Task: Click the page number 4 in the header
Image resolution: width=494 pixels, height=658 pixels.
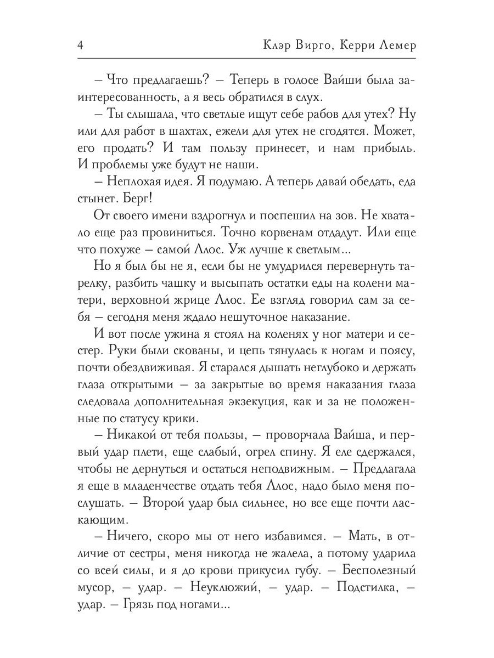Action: (80, 46)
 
